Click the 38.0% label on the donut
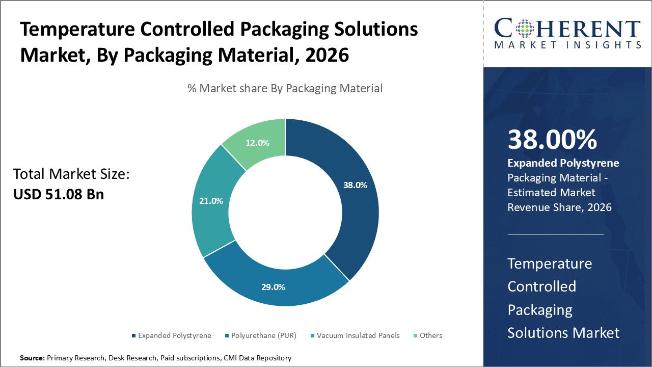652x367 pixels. tap(355, 186)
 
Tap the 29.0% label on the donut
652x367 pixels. tap(273, 287)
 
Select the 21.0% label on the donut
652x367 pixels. tap(211, 201)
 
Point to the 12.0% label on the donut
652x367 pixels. tap(257, 143)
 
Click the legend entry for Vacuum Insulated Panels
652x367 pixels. tap(358, 335)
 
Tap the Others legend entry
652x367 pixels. tap(430, 335)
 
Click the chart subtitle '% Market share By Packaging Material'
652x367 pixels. tap(285, 88)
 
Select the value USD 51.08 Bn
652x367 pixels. tap(59, 194)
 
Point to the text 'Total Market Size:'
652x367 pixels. tap(72, 174)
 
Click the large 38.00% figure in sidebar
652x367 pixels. tap(552, 140)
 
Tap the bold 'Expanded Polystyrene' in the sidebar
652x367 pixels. tap(563, 163)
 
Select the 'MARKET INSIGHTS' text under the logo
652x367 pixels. tap(567, 45)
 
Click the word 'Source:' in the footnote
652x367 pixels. tap(32, 358)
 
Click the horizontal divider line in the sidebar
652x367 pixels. tap(556, 234)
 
